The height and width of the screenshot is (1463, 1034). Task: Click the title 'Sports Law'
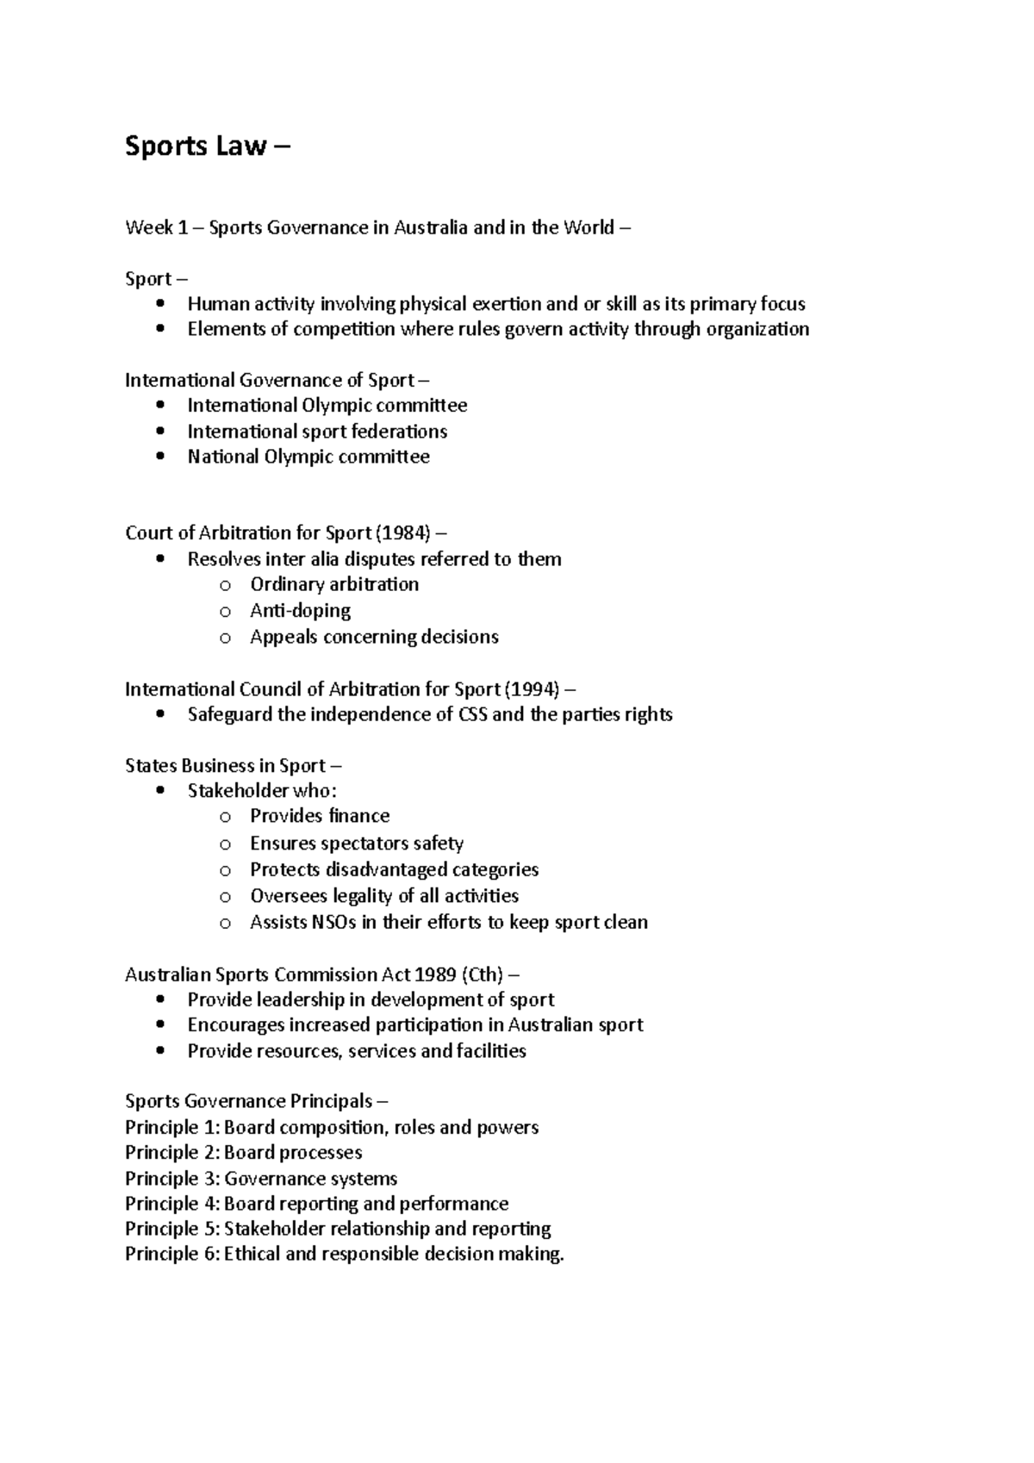tap(196, 146)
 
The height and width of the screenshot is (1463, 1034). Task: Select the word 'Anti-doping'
tap(300, 611)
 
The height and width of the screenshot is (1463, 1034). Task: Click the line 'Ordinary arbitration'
tap(334, 584)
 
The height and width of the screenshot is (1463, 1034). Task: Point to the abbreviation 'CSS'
tap(471, 714)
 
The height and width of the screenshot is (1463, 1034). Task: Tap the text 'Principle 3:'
tap(171, 1179)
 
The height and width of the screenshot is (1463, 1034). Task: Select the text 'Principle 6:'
tap(171, 1254)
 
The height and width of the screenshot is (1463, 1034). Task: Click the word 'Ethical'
tap(252, 1254)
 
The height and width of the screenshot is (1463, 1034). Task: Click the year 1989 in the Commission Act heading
tap(435, 975)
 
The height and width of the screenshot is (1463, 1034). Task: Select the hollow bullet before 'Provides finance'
tap(226, 817)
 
